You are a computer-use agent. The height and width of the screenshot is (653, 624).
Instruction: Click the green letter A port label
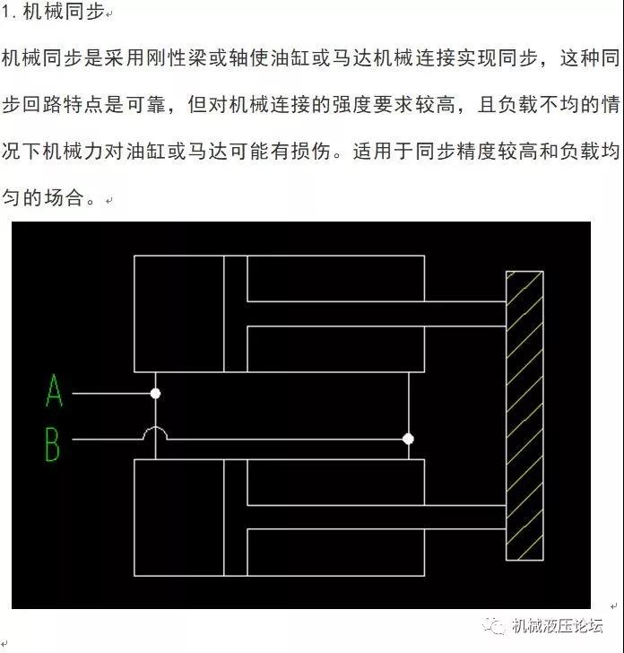(x=54, y=390)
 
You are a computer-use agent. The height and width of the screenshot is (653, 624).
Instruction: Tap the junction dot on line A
(x=155, y=394)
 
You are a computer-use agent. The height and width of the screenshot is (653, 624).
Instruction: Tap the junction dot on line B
(x=408, y=439)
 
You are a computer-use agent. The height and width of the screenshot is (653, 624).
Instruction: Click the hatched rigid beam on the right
(x=524, y=415)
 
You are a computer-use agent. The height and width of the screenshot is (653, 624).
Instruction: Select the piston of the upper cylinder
(x=236, y=314)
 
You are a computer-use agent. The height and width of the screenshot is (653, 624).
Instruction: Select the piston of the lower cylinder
(x=236, y=518)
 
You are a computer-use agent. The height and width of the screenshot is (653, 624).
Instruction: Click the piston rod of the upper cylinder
(x=377, y=314)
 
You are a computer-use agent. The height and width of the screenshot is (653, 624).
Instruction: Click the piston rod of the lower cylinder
(x=377, y=518)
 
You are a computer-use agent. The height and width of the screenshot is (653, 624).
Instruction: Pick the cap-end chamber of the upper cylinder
(x=179, y=314)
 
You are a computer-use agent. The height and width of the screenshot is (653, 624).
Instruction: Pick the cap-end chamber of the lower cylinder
(x=179, y=518)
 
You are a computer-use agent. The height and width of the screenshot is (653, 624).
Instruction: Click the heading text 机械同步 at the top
(x=64, y=11)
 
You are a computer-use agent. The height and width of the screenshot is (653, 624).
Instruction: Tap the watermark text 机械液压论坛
(x=558, y=625)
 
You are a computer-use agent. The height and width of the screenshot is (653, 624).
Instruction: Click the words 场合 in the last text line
(x=64, y=197)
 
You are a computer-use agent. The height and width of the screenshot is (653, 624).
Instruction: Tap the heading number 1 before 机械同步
(x=5, y=12)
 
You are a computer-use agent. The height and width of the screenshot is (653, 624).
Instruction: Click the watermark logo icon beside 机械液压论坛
(x=495, y=625)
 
